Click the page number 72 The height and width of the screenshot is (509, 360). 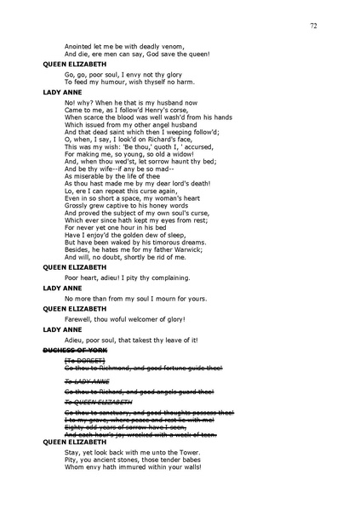pos(313,26)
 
